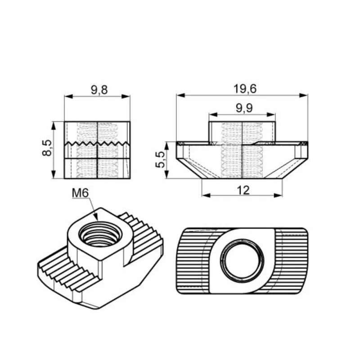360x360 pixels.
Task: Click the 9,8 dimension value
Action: [x=99, y=90]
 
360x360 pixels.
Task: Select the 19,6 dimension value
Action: [x=245, y=89]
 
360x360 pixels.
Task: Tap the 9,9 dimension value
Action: [x=244, y=108]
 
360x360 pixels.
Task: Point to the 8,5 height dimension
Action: [x=47, y=148]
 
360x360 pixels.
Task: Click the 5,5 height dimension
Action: [x=160, y=160]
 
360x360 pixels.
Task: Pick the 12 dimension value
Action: [x=243, y=190]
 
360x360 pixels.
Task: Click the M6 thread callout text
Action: [x=80, y=193]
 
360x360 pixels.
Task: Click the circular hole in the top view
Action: [x=242, y=261]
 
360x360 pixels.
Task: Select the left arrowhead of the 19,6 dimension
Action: [x=181, y=95]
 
